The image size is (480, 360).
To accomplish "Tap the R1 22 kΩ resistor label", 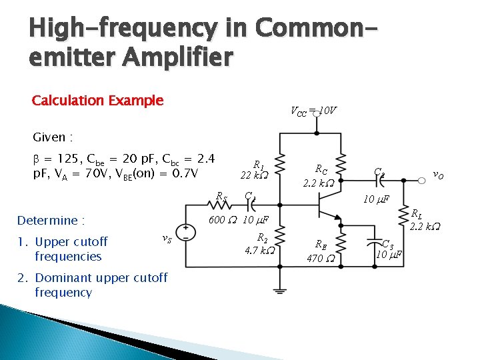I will [255, 169].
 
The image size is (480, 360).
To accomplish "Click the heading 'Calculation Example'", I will [97, 101].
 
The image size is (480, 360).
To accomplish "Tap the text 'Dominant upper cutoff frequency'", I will [100, 285].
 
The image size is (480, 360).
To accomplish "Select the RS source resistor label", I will [221, 196].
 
